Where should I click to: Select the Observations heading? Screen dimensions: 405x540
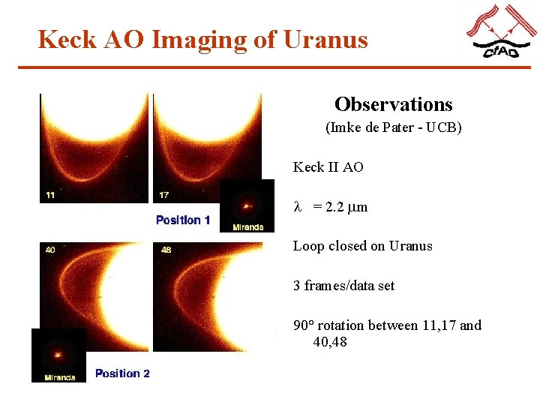tap(393, 104)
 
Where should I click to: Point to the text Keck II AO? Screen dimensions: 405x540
tap(328, 167)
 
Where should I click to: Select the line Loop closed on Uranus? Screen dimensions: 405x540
tap(362, 246)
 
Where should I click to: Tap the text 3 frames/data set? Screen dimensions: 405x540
tap(343, 286)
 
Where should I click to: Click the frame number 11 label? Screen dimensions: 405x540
tap(50, 195)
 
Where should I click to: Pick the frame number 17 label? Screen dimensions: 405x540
tap(163, 195)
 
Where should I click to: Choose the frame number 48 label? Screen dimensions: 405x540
tap(166, 249)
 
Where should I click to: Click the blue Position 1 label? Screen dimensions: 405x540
tap(183, 220)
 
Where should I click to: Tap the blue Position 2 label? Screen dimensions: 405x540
tap(122, 373)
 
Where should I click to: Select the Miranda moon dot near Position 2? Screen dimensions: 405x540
tap(58, 352)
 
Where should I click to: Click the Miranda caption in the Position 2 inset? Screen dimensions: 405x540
tap(59, 377)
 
